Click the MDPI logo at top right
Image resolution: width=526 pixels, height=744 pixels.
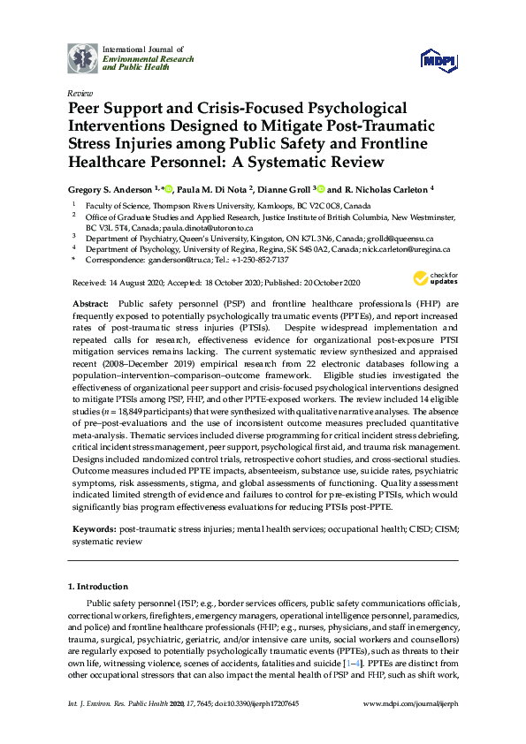click(439, 58)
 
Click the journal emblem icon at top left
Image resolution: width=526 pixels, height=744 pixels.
click(83, 57)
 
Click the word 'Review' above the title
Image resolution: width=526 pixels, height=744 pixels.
click(80, 92)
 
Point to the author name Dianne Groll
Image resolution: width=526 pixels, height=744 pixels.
click(281, 189)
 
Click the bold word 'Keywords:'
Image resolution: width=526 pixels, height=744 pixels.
click(95, 528)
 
